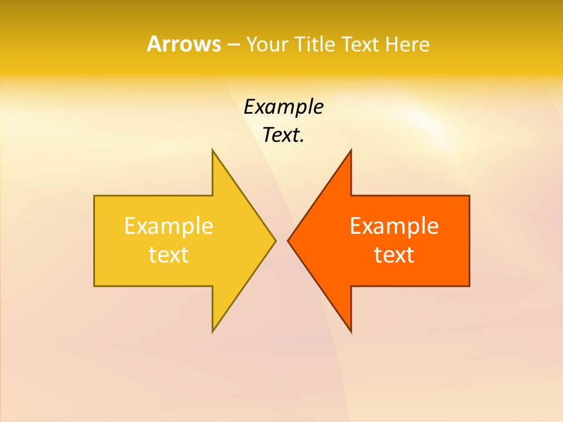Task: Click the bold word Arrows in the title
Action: (183, 44)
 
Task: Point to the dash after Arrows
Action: (233, 45)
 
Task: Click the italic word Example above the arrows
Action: (283, 107)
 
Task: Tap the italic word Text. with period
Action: (283, 135)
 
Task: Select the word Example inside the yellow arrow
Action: (168, 226)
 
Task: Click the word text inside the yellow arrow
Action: (168, 254)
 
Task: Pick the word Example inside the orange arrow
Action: (394, 226)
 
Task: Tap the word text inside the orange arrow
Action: (394, 254)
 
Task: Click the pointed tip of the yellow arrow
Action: (275, 240)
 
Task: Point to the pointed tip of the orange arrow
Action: (288, 240)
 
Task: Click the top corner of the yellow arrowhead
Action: (213, 150)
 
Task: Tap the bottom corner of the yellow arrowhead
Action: (213, 332)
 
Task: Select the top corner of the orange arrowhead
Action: (351, 150)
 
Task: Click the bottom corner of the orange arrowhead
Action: (351, 332)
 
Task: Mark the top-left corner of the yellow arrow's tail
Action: (94, 196)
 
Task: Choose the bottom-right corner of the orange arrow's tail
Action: (469, 285)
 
